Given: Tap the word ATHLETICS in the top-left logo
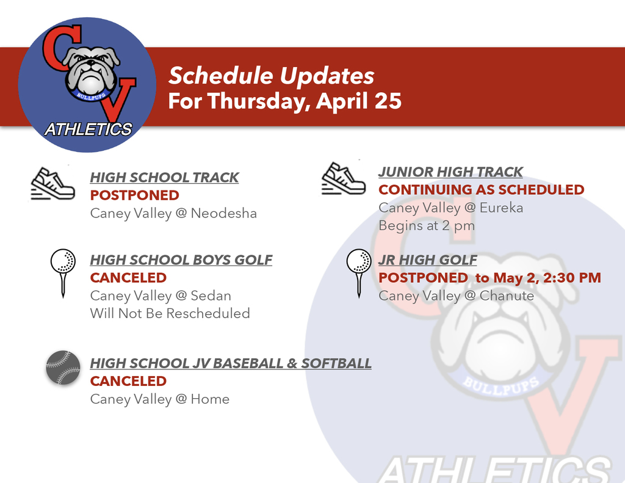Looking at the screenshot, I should click(88, 129).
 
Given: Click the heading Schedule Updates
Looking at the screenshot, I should click(271, 76).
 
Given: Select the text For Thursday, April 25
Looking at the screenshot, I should click(284, 101).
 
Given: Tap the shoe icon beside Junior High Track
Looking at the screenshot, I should click(343, 178).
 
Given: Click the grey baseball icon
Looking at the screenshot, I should click(63, 368).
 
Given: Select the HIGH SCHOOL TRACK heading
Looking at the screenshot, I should click(164, 178).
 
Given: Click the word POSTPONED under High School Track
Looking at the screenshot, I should click(135, 195).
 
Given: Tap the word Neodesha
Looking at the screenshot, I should click(223, 214).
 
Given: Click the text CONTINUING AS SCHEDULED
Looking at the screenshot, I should click(481, 190).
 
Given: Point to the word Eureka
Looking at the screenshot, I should click(501, 208).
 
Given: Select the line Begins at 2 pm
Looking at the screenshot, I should click(426, 225).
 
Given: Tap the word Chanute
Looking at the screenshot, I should click(507, 296).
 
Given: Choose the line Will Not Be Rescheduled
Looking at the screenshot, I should click(170, 314).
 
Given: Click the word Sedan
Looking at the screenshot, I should click(211, 296).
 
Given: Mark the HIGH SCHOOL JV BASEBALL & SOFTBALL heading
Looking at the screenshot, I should click(231, 363).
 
